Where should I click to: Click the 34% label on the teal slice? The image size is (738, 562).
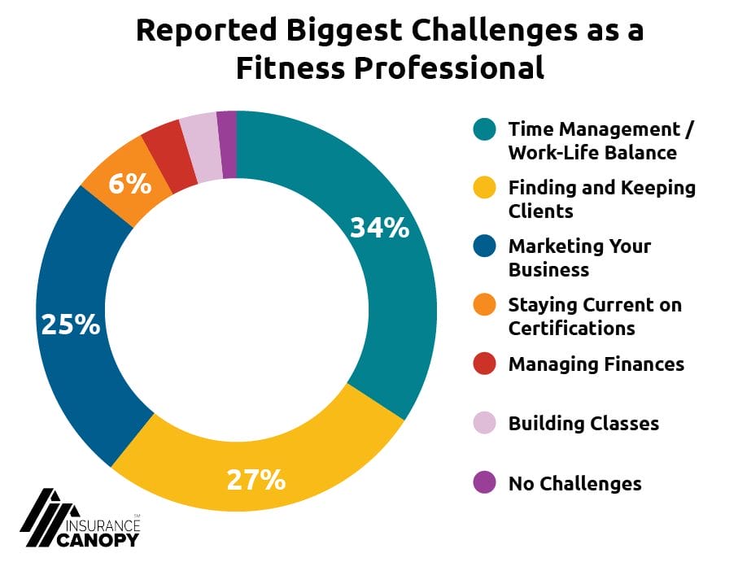[379, 229]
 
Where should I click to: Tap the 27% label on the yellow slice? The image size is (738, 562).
[255, 479]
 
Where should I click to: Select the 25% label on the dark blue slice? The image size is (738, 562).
[71, 325]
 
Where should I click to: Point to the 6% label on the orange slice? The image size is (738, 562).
[129, 184]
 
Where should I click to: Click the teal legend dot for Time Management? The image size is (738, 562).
[483, 130]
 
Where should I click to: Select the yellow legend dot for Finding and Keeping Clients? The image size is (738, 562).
[483, 189]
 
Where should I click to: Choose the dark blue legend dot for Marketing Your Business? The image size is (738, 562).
[483, 247]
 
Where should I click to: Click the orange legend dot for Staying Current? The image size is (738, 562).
[483, 306]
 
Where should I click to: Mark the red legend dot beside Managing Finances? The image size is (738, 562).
[483, 364]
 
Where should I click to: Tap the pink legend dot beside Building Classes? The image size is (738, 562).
[483, 424]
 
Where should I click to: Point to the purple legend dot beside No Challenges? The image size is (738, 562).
[483, 484]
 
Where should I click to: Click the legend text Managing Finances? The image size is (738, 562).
[596, 364]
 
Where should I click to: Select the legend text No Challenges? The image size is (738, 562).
[574, 484]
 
